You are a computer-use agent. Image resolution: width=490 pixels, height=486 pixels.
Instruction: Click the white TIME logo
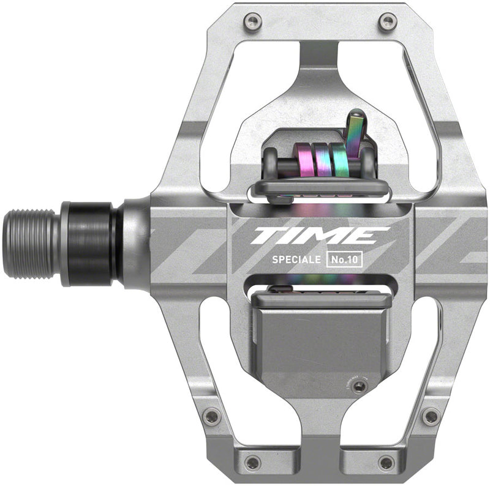(321, 235)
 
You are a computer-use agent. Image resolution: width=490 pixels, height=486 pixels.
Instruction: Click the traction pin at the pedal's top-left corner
(249, 23)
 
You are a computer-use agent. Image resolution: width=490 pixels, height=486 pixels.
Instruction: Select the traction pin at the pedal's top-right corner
(386, 23)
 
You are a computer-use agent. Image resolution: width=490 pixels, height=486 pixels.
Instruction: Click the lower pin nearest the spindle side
(211, 417)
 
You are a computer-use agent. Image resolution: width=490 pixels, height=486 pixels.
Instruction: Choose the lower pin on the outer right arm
(431, 417)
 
